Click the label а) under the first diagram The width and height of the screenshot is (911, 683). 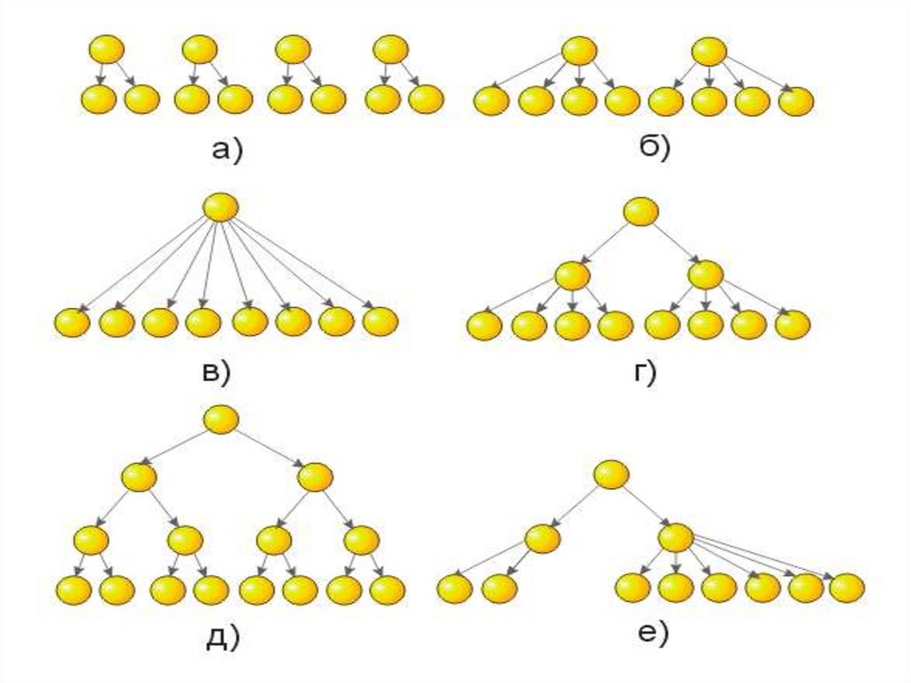pyautogui.click(x=227, y=151)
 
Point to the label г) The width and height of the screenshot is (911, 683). pyautogui.click(x=643, y=374)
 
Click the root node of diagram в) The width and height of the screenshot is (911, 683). pyautogui.click(x=221, y=207)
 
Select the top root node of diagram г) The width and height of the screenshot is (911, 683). pyautogui.click(x=641, y=212)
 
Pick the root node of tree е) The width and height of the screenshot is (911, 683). pyautogui.click(x=611, y=474)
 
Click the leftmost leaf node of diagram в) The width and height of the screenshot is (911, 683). pyautogui.click(x=72, y=322)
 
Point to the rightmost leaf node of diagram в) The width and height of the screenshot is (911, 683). pyautogui.click(x=380, y=321)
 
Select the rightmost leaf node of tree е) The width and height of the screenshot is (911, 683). pyautogui.click(x=846, y=588)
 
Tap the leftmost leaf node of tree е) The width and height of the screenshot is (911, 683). pyautogui.click(x=455, y=589)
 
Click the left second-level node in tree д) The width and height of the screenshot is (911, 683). pyautogui.click(x=140, y=477)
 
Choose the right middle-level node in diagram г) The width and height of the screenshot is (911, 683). pyautogui.click(x=705, y=273)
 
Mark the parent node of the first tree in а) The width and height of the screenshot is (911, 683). pyautogui.click(x=107, y=49)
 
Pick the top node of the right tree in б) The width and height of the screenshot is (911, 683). pyautogui.click(x=709, y=51)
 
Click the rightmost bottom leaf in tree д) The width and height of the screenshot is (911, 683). pyautogui.click(x=388, y=589)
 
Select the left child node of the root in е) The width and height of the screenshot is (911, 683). pyautogui.click(x=542, y=538)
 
